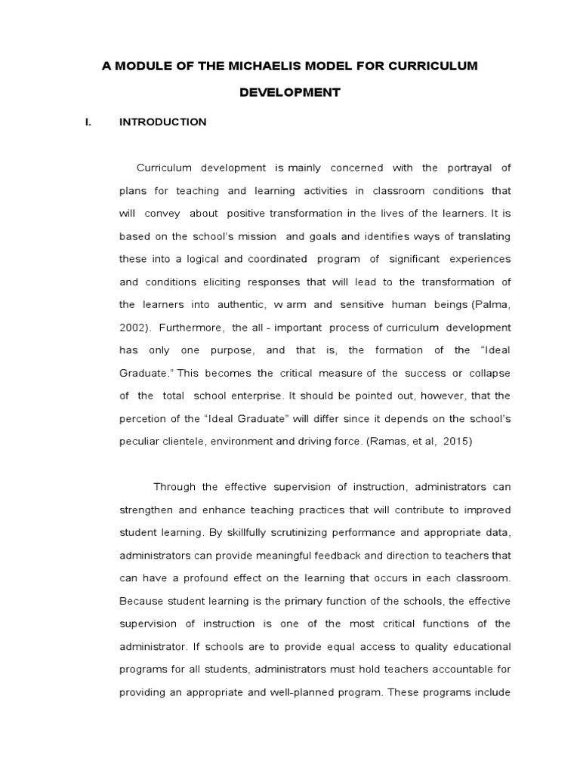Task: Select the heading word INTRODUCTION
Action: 162,122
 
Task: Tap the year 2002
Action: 134,328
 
